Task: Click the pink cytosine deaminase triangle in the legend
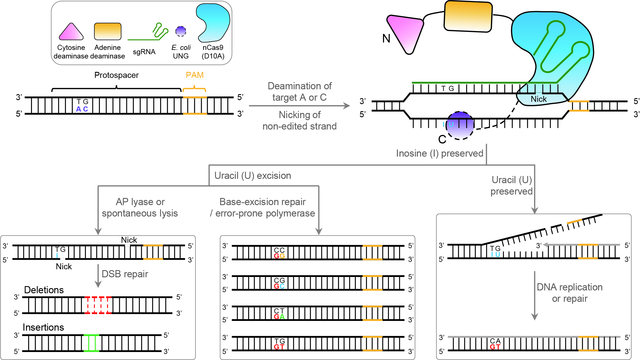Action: click(71, 33)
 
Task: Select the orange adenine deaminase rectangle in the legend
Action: click(108, 31)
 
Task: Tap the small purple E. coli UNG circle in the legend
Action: click(181, 31)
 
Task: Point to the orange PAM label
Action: click(194, 75)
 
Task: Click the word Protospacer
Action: click(116, 75)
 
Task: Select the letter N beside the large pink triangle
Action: click(386, 38)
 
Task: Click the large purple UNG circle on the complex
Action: click(460, 126)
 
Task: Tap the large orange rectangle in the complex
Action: click(468, 16)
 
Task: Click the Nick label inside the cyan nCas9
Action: click(538, 99)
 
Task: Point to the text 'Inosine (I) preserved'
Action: click(439, 153)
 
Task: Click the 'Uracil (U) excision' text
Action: click(253, 176)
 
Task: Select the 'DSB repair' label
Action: click(125, 274)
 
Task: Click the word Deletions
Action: click(44, 290)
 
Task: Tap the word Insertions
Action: click(43, 327)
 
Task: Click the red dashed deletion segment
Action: click(98, 305)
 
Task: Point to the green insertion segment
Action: click(91, 343)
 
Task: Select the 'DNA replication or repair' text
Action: click(570, 293)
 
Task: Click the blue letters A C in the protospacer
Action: click(82, 109)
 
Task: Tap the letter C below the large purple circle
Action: click(442, 139)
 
